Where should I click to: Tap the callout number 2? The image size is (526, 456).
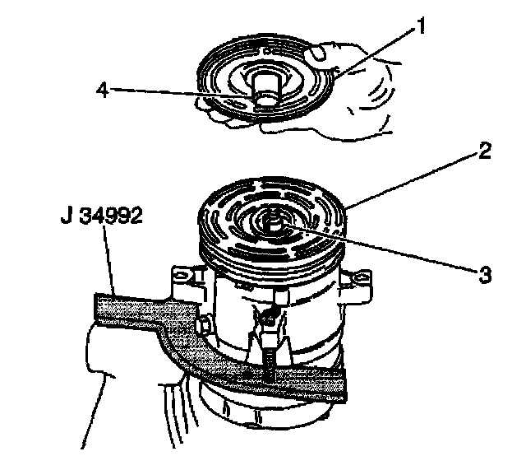coord(485,151)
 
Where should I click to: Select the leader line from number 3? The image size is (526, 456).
coord(378,251)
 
